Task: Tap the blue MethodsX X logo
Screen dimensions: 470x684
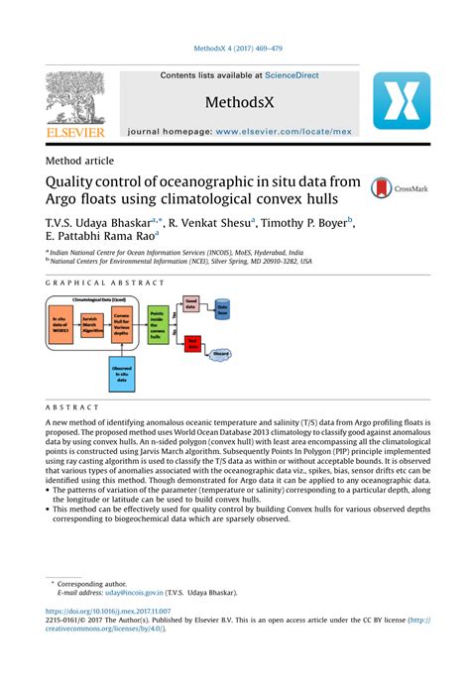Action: tap(401, 106)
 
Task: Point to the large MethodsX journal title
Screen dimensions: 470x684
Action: tap(239, 103)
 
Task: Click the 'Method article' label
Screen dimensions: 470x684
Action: tap(79, 161)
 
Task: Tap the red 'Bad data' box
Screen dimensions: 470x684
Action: tap(191, 343)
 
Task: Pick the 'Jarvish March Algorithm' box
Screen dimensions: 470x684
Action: tap(92, 324)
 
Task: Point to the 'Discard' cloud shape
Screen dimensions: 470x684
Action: tap(222, 352)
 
